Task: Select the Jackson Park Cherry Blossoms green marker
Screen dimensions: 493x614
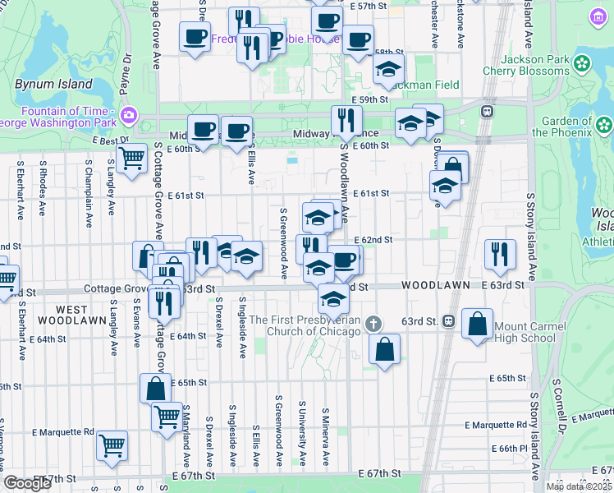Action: (x=582, y=62)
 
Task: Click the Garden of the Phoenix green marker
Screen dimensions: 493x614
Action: (x=603, y=126)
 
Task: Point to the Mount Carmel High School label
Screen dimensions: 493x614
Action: (x=525, y=332)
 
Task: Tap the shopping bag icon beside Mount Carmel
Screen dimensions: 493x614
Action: (x=477, y=324)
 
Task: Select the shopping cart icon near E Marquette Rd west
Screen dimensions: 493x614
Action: (x=112, y=445)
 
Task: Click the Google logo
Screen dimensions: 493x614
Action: (x=27, y=482)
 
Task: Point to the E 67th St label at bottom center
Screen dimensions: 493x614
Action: (x=380, y=474)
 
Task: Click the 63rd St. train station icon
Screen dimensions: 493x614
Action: (x=449, y=320)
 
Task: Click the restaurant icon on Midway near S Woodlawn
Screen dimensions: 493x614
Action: (x=346, y=121)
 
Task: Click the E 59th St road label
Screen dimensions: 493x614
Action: (x=369, y=99)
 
